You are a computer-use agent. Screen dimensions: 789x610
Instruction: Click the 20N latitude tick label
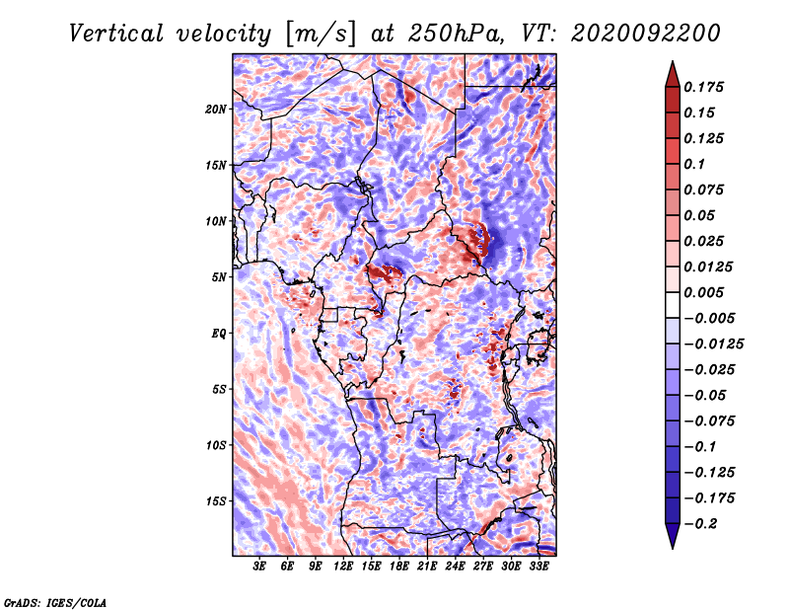pos(216,109)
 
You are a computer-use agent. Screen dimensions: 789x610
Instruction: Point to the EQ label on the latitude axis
pos(219,333)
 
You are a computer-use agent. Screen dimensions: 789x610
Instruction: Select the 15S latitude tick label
pos(216,501)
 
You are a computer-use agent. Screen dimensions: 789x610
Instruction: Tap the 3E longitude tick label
pos(259,567)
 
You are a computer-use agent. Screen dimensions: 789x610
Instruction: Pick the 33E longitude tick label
pos(538,567)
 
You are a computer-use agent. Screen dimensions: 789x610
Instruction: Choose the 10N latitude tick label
pos(216,221)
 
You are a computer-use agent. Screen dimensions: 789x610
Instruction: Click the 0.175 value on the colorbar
pos(703,87)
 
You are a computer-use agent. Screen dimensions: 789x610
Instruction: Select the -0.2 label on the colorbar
pos(700,524)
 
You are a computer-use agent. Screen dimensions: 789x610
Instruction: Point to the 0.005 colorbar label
pos(703,292)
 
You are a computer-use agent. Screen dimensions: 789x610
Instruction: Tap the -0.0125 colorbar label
pos(713,344)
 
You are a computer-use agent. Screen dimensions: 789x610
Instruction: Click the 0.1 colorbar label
pos(694,164)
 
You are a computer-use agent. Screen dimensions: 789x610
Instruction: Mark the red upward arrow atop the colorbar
pos(673,75)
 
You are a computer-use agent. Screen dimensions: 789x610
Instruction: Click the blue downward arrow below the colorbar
pos(673,535)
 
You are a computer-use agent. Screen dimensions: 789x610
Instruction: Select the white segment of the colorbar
pos(673,305)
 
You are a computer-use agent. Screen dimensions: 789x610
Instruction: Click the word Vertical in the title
pos(115,34)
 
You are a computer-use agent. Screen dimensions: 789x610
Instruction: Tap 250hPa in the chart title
pos(456,34)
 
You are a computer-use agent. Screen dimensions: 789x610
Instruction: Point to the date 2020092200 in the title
pos(646,34)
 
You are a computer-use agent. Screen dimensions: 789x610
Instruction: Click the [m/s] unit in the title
pos(321,35)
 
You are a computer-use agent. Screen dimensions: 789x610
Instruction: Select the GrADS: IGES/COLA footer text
pos(55,602)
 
